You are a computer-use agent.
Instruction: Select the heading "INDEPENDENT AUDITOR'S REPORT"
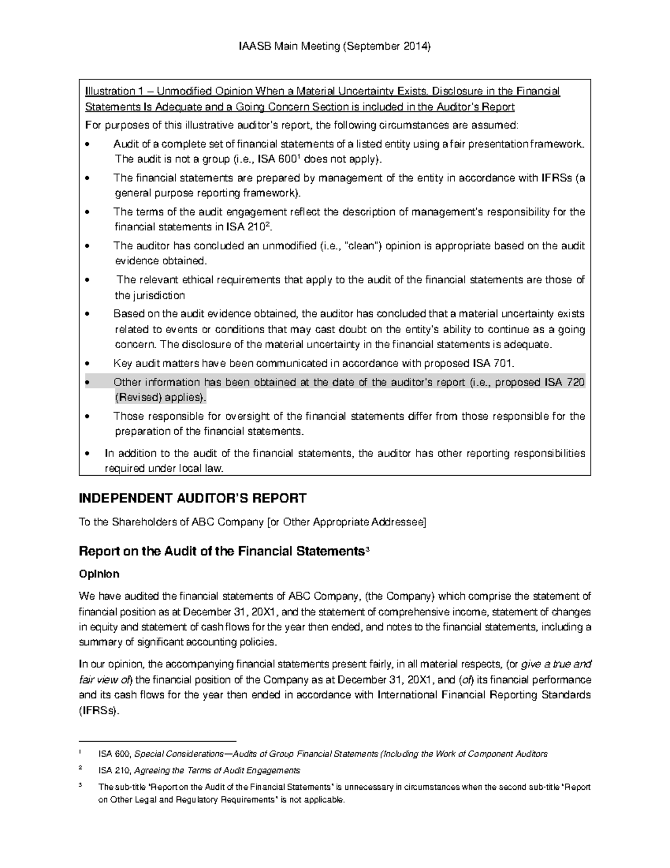tap(193, 498)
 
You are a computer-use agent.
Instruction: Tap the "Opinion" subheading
tap(99, 574)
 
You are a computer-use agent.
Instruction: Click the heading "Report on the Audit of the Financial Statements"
tap(221, 551)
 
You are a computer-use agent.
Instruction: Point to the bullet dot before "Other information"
tap(87, 383)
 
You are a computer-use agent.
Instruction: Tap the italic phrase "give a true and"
tap(556, 665)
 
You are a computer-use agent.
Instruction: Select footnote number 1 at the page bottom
tap(80, 752)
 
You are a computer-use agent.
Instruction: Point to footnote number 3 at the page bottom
tap(80, 785)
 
